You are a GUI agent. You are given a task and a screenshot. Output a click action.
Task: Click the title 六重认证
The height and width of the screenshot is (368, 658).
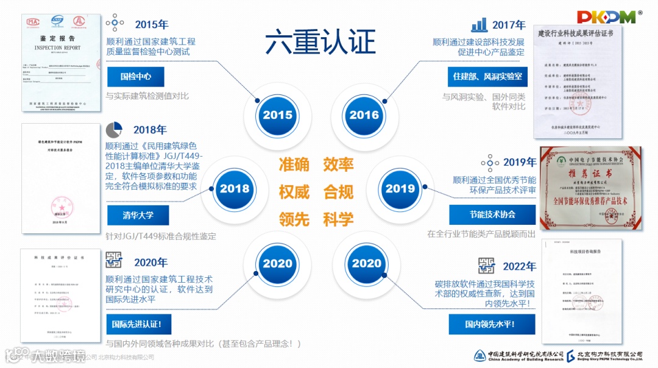[320, 43]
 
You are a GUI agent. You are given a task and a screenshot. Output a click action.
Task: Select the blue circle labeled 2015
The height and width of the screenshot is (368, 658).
[277, 115]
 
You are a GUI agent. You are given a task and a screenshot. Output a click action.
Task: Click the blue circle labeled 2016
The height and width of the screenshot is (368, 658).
[364, 115]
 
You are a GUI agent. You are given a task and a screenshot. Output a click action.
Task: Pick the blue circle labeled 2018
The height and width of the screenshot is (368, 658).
[235, 188]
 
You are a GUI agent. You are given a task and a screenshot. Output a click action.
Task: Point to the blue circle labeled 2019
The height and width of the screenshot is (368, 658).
[400, 188]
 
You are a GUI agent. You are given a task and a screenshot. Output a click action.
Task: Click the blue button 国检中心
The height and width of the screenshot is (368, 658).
[136, 77]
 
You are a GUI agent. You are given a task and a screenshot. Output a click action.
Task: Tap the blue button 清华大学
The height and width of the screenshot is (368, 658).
[138, 215]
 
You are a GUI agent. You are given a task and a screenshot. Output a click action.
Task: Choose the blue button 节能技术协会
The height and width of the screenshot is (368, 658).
[492, 214]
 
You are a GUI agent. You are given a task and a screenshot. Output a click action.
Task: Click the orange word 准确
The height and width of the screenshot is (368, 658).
[294, 165]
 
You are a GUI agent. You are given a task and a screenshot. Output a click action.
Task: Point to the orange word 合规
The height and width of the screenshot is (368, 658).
[339, 192]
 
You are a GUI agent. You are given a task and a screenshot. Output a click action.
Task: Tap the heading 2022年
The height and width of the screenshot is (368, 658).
[519, 267]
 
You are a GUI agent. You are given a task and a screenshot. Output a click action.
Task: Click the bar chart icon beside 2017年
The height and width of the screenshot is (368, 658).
[479, 25]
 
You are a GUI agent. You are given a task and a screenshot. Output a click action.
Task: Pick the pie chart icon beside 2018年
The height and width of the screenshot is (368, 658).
[115, 130]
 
